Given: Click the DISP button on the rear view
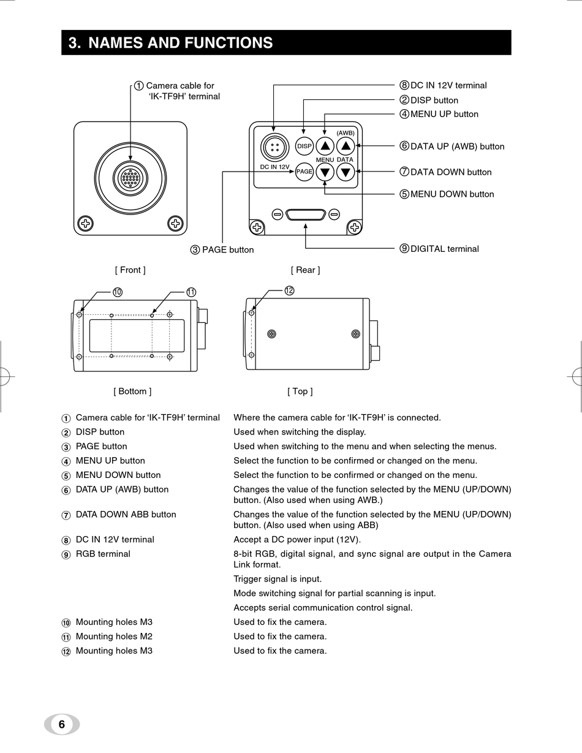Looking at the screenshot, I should point(304,146).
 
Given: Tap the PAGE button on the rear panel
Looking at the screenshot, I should point(304,172).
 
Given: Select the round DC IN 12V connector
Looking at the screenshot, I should point(273,146).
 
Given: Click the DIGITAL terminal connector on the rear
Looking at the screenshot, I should point(306,214).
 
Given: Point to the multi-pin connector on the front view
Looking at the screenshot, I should point(130,178).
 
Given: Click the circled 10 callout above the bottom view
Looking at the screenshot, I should point(118,292).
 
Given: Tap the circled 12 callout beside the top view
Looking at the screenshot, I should point(290,290).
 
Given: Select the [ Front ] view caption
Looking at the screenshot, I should point(130,270).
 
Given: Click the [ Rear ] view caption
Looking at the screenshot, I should point(305,270).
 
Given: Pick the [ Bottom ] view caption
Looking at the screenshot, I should point(132,391).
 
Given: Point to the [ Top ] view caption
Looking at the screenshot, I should point(300,391).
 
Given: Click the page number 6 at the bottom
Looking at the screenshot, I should point(61,724).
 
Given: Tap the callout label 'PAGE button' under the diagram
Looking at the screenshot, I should point(227,249).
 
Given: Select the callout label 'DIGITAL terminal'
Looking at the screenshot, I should point(444,249).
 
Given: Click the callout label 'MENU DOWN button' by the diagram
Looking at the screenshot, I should point(452,194).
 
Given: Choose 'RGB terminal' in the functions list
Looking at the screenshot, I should point(103,554).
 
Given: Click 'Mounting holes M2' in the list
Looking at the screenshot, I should point(114,637).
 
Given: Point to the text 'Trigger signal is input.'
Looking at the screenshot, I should point(278,579).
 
